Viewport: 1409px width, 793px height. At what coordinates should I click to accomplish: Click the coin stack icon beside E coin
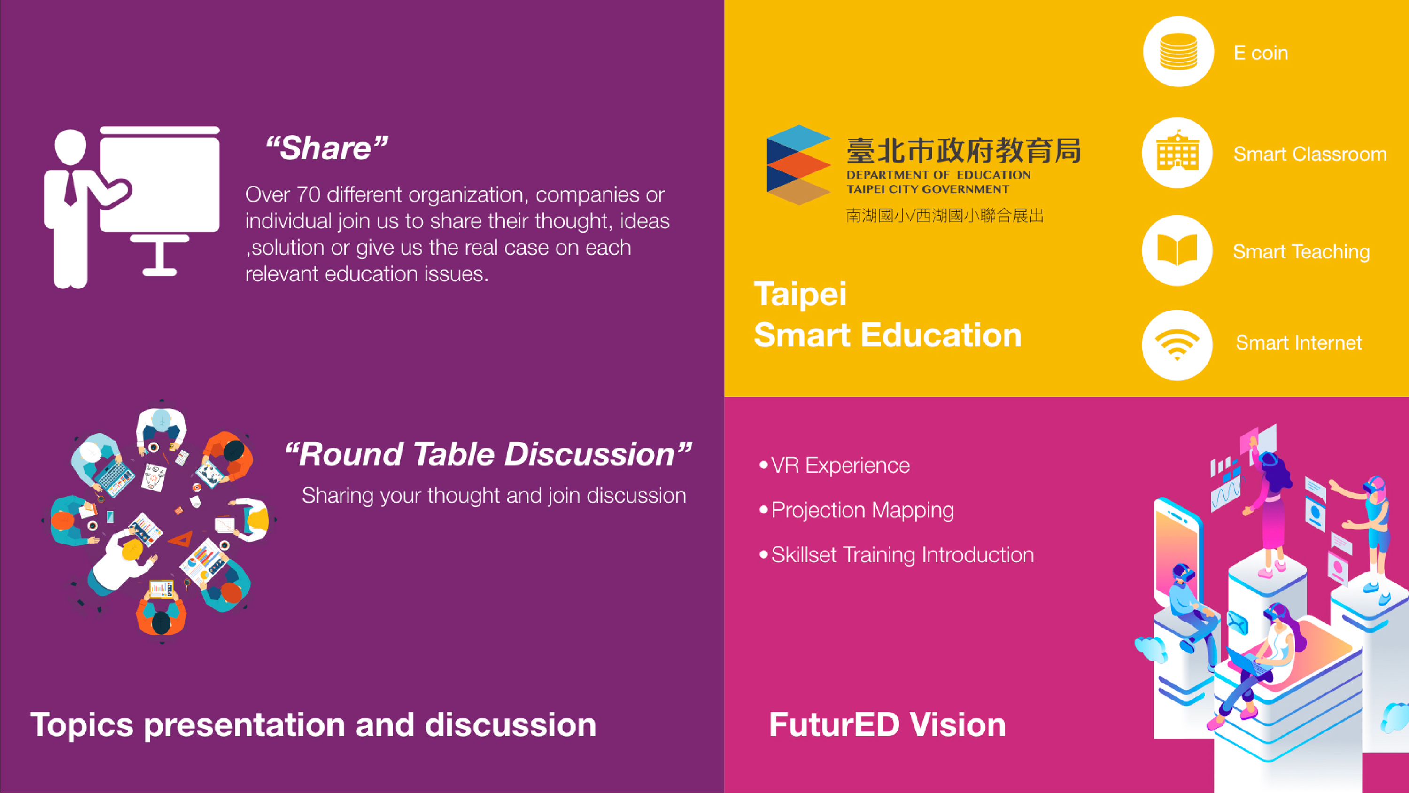click(x=1178, y=52)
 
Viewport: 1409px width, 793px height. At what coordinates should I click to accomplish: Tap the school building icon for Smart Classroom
click(x=1177, y=152)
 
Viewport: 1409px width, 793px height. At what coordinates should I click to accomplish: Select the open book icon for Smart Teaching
click(x=1177, y=250)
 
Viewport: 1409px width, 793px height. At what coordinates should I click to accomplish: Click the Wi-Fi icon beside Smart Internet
click(x=1177, y=345)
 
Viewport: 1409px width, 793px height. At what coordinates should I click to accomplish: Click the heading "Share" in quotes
click(x=326, y=148)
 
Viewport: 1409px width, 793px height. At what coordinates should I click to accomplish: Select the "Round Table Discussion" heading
click(x=488, y=454)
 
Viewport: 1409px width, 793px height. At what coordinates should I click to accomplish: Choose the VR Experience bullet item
click(x=840, y=465)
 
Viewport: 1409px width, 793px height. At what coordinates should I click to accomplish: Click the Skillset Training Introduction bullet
click(x=902, y=555)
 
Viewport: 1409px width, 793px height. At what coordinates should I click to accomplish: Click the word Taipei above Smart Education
click(x=800, y=294)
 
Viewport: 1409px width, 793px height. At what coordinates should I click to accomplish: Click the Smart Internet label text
click(x=1299, y=342)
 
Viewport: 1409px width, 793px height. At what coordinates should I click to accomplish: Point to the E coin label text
click(x=1261, y=53)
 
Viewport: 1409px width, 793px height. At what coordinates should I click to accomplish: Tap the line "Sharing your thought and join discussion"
click(x=493, y=495)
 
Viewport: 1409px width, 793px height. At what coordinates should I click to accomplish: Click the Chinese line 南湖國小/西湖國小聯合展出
click(x=944, y=216)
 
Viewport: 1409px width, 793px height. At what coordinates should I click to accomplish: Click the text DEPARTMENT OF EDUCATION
click(x=938, y=175)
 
